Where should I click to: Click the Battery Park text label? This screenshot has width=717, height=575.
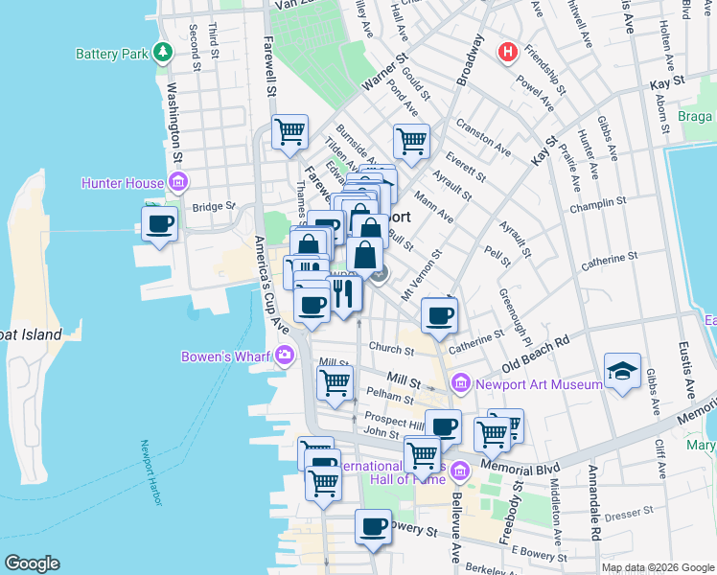111,54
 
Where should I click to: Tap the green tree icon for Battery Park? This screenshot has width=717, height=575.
164,52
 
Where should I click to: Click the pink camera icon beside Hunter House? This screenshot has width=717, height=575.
177,182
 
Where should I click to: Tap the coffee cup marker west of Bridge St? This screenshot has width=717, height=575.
160,225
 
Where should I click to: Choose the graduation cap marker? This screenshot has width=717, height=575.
622,372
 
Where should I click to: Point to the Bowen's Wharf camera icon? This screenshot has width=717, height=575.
285,357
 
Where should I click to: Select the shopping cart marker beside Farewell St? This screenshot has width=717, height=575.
289,132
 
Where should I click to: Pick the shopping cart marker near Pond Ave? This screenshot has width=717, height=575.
410,141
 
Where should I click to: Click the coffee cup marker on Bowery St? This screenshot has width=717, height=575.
374,526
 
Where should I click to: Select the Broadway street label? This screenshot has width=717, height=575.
472,61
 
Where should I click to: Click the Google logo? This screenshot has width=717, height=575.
33,563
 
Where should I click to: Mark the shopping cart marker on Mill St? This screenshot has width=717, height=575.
335,382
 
